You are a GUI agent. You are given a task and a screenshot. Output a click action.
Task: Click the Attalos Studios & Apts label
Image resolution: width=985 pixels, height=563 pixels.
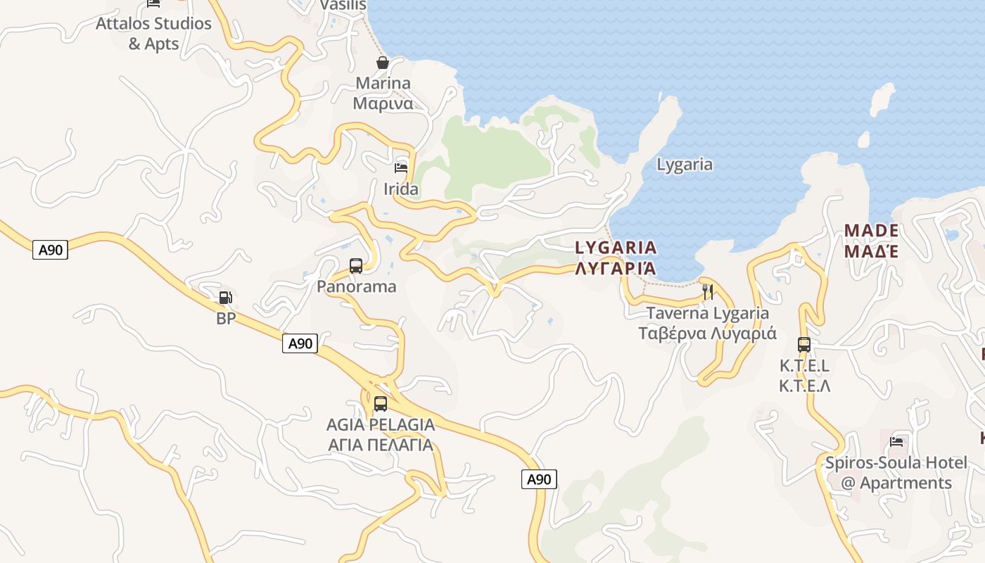click(x=153, y=33)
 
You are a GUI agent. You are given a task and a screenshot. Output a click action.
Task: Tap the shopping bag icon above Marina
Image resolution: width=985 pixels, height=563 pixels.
click(x=382, y=63)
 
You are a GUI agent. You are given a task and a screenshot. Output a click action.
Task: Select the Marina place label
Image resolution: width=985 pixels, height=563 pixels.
click(x=383, y=93)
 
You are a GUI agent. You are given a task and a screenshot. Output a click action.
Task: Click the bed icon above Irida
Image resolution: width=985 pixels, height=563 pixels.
click(x=401, y=168)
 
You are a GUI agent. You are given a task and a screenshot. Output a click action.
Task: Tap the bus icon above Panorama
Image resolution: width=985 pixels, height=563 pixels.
click(x=356, y=266)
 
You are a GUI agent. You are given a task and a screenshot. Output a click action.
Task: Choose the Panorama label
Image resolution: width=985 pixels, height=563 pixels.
click(x=356, y=286)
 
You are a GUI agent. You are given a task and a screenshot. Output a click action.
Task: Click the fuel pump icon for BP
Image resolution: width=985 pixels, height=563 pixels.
click(x=225, y=298)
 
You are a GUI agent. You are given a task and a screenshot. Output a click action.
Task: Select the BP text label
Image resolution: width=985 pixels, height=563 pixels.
click(x=225, y=318)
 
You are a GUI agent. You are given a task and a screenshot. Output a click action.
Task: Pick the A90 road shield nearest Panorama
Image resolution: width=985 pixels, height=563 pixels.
click(x=300, y=343)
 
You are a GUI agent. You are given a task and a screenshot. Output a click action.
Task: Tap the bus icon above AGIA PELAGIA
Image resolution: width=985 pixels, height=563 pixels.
click(x=381, y=404)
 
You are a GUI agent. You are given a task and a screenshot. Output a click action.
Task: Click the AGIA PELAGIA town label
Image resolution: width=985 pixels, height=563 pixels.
click(x=381, y=434)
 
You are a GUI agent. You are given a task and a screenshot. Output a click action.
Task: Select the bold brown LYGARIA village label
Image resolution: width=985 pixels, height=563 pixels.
click(x=616, y=258)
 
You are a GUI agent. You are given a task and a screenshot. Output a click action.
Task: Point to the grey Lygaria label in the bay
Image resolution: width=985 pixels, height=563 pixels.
click(x=685, y=165)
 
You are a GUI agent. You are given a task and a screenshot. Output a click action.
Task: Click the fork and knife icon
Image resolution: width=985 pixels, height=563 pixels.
click(x=708, y=291)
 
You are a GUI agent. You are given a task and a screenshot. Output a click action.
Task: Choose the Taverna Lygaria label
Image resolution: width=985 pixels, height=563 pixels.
click(x=707, y=323)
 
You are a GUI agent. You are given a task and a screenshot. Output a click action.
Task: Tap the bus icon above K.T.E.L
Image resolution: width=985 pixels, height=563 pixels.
click(x=804, y=345)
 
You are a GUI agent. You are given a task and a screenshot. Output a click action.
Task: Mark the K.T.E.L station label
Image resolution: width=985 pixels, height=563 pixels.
click(x=804, y=376)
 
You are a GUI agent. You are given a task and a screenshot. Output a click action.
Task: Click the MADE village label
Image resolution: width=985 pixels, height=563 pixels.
click(x=871, y=241)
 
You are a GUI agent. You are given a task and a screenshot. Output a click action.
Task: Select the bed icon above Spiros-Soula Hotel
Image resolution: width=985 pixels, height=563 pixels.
click(x=896, y=442)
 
